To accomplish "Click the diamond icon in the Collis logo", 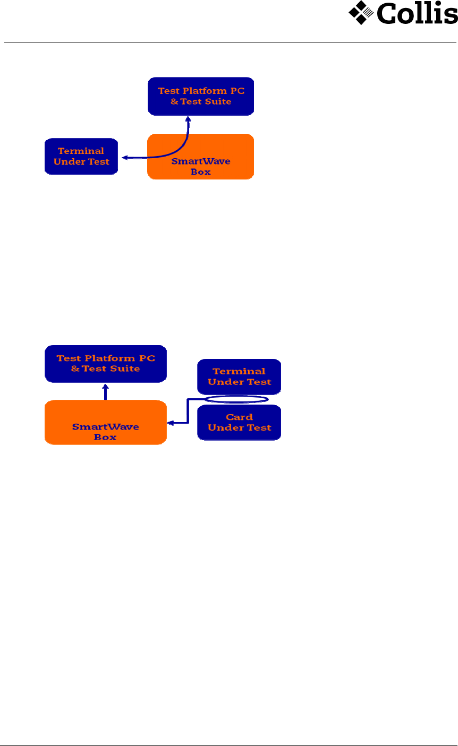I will pyautogui.click(x=361, y=13).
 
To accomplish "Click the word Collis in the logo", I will pyautogui.click(x=417, y=13).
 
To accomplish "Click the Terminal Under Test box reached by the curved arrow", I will pyautogui.click(x=81, y=156).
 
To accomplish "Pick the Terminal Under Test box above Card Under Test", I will pyautogui.click(x=239, y=376).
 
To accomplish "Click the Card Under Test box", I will pyautogui.click(x=239, y=422).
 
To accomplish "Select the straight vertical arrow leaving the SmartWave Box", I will pyautogui.click(x=106, y=392).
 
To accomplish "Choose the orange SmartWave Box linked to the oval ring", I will pyautogui.click(x=105, y=422).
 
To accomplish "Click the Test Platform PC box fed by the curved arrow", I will pyautogui.click(x=201, y=96).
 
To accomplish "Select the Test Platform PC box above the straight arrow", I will pyautogui.click(x=106, y=363).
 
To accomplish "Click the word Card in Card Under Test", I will pyautogui.click(x=239, y=417).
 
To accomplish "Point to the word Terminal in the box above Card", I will pyautogui.click(x=239, y=371).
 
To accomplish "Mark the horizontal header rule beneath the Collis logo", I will pyautogui.click(x=229, y=41).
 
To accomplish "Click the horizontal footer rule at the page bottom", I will pyautogui.click(x=229, y=745).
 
